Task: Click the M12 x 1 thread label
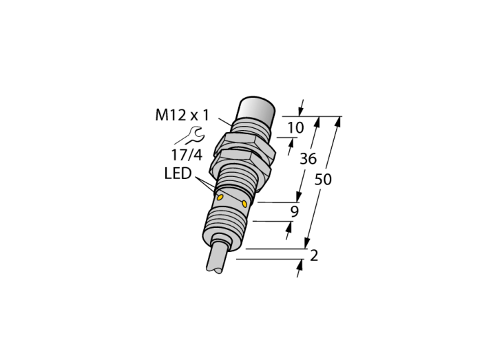[x=182, y=116]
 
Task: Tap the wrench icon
[x=192, y=136]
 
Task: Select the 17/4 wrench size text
[x=187, y=155]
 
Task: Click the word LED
[x=178, y=173]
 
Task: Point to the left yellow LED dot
[x=220, y=198]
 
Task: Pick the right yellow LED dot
[x=244, y=203]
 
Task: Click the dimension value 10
[x=295, y=127]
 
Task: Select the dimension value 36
[x=308, y=159]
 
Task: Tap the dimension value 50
[x=323, y=180]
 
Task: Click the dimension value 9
[x=295, y=211]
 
